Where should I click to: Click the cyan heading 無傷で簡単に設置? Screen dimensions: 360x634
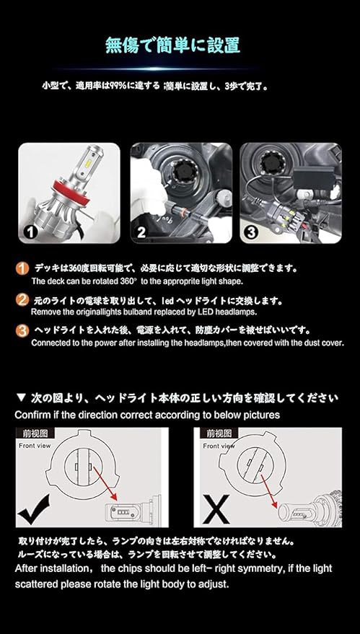point(172,45)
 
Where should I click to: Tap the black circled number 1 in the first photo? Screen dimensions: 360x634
point(30,232)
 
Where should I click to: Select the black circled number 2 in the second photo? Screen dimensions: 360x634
point(141,232)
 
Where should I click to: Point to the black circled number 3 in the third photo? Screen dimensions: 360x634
point(251,232)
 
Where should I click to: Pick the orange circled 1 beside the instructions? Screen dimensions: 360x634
point(22,268)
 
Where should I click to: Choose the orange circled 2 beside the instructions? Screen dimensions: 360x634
point(22,299)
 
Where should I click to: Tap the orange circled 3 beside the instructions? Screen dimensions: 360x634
point(22,331)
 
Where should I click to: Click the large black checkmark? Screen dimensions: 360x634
point(35,509)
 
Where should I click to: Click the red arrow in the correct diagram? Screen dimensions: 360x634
point(105,483)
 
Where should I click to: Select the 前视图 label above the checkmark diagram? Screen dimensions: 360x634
point(35,433)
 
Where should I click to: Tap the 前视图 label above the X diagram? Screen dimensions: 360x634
point(219,433)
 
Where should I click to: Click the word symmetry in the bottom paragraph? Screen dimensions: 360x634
point(253,568)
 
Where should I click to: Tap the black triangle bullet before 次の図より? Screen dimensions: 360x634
point(22,398)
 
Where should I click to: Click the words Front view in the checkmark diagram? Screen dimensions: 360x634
point(35,446)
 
